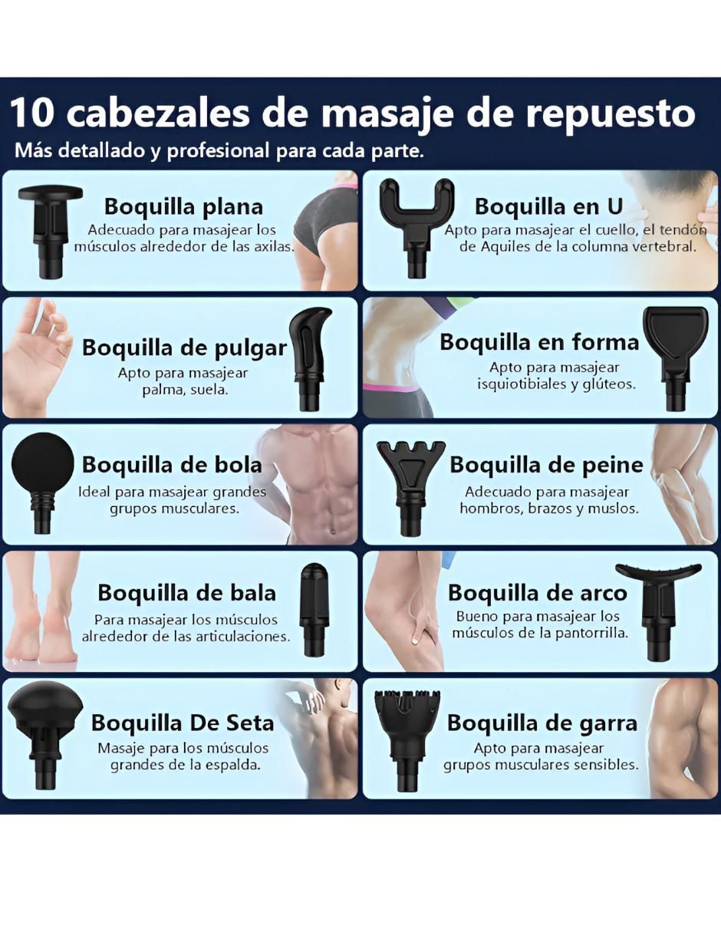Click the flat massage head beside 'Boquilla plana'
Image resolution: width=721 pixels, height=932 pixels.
pyautogui.click(x=50, y=232)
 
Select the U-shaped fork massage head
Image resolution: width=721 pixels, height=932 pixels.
pyautogui.click(x=416, y=228)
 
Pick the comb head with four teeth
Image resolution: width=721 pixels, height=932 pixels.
pyautogui.click(x=410, y=488)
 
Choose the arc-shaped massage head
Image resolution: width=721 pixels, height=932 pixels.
pyautogui.click(x=658, y=611)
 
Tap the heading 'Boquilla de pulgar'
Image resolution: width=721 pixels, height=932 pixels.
pyautogui.click(x=184, y=348)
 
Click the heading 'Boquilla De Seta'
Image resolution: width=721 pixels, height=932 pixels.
pyautogui.click(x=183, y=723)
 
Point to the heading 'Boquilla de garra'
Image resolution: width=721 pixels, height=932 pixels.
pyautogui.click(x=542, y=723)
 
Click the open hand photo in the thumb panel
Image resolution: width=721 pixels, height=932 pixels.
pyautogui.click(x=37, y=357)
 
